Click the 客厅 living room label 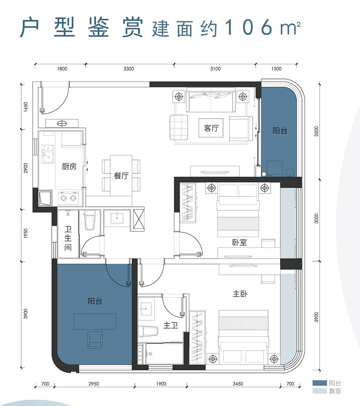[x=211, y=128]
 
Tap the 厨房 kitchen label [x=69, y=167]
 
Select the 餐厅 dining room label [x=121, y=176]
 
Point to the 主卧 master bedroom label [x=240, y=294]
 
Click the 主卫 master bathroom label [x=171, y=326]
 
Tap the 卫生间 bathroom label [x=68, y=238]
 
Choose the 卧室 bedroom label [x=239, y=242]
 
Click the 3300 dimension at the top [x=129, y=69]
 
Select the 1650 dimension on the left [x=25, y=107]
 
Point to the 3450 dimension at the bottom [x=237, y=384]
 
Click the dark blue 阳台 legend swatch [x=319, y=383]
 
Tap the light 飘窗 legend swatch [x=319, y=391]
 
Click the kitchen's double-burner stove [x=68, y=198]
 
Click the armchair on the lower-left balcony [x=95, y=340]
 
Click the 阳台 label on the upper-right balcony [x=280, y=131]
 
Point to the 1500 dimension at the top [x=276, y=69]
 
